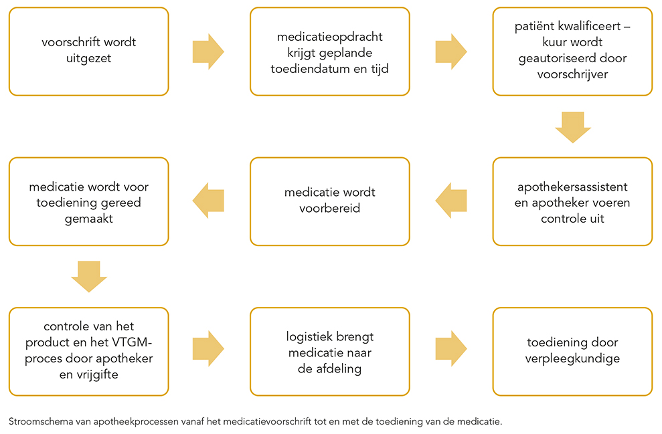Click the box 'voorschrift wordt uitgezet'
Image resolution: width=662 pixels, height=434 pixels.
pos(88,51)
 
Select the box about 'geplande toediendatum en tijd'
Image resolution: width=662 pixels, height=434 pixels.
pos(330,51)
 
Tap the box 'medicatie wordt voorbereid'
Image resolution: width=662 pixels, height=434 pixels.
pos(330,201)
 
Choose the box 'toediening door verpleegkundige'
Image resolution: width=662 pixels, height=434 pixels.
pos(572,351)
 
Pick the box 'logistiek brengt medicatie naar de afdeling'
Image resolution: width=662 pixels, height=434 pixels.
pos(330,351)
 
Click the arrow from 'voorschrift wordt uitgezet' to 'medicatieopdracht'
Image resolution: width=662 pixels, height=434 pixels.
pos(208,51)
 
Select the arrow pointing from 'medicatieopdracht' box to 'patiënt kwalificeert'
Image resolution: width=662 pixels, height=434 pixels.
pos(451,51)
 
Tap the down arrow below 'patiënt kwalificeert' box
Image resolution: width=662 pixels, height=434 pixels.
pos(572,127)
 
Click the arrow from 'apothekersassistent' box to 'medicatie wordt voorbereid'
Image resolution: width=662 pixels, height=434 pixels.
pos(451,201)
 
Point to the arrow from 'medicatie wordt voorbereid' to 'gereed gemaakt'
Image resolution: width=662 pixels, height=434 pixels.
pos(208,201)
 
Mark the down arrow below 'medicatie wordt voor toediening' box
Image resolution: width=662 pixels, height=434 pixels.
pos(88,277)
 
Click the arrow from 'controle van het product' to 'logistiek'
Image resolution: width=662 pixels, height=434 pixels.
pos(208,348)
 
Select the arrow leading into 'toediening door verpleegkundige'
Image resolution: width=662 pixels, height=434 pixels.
pos(451,348)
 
